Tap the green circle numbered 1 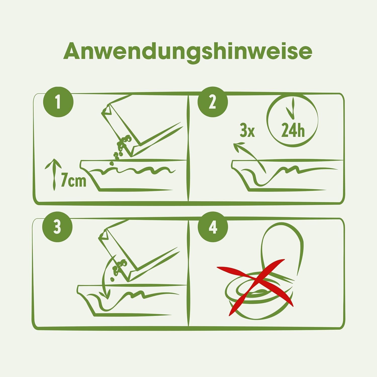pyautogui.click(x=58, y=103)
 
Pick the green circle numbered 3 pyautogui.click(x=58, y=227)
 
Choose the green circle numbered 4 pyautogui.click(x=213, y=227)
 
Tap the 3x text pyautogui.click(x=247, y=131)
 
